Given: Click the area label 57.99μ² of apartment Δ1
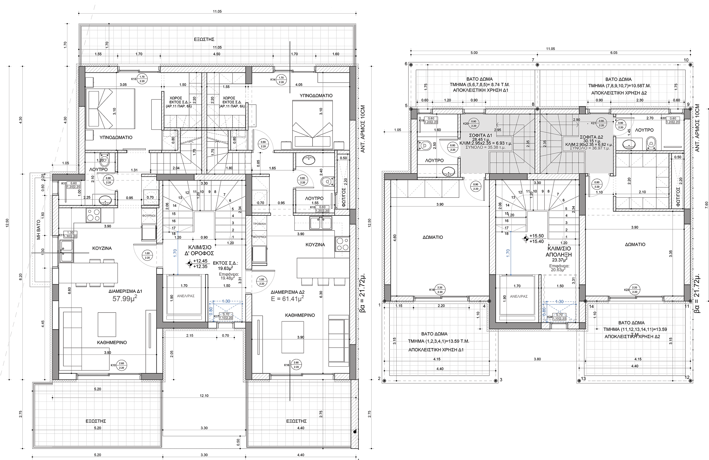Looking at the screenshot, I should click(x=124, y=299).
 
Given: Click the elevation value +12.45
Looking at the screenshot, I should click(x=200, y=261).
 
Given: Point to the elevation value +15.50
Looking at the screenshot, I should click(x=536, y=236).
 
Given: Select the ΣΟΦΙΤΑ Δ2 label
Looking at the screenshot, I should click(x=591, y=137).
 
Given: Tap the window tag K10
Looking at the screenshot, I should click(x=113, y=365).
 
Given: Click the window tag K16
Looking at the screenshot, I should click(x=287, y=365).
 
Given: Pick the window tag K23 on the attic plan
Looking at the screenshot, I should click(x=626, y=290).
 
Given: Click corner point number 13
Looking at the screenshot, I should click(x=583, y=378).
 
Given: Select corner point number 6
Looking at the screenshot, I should click(x=406, y=64).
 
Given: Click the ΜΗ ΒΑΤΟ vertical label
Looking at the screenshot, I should click(x=38, y=230).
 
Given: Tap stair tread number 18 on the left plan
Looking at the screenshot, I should click(x=174, y=234).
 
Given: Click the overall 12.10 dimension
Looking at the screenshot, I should click(x=204, y=396).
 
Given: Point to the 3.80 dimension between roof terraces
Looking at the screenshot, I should click(x=537, y=359).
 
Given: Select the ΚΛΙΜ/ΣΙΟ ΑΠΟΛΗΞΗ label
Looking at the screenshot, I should click(x=559, y=252).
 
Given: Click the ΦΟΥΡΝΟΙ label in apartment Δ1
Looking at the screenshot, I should click(x=149, y=215).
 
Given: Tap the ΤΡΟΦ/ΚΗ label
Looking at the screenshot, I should click(x=259, y=224).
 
